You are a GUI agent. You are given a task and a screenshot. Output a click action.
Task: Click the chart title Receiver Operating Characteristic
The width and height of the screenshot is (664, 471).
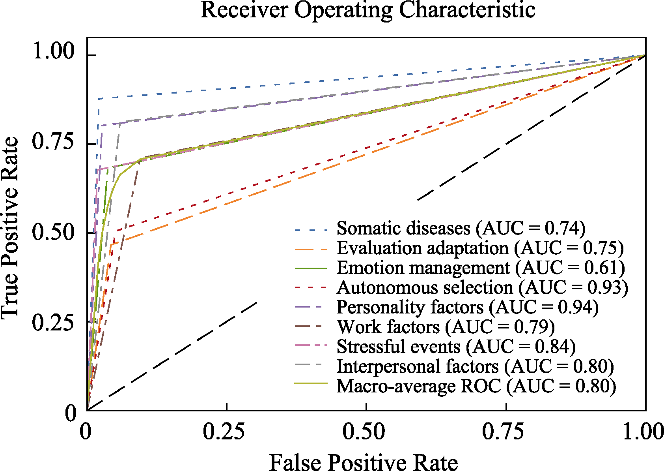coord(367,10)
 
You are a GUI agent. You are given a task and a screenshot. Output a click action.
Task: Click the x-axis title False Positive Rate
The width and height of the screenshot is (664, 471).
coord(363,462)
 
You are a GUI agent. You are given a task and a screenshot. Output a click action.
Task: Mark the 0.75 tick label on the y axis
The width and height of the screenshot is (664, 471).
coord(53,142)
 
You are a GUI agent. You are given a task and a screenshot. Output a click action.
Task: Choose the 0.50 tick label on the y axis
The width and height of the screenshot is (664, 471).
coord(53,232)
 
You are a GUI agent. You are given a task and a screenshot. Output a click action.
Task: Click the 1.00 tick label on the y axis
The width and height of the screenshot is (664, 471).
coord(53,52)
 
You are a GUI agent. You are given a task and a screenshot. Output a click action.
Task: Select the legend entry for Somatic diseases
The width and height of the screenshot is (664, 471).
coord(461,229)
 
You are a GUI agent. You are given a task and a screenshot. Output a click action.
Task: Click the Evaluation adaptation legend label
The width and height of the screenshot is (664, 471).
coord(480,248)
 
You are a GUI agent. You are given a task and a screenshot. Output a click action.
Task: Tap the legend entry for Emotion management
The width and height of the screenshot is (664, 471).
coord(480,268)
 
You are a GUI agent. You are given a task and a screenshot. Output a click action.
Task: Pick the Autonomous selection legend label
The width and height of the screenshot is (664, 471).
coord(482,288)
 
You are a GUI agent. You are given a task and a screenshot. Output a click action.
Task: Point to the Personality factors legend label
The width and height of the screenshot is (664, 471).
coord(467,308)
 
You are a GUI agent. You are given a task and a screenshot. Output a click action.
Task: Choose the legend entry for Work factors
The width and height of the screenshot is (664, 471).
coord(446,327)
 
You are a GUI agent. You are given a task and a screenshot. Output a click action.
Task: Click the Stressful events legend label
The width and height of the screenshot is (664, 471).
coord(456,347)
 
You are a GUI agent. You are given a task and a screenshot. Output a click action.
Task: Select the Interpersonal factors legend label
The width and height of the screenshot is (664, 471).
coord(475,367)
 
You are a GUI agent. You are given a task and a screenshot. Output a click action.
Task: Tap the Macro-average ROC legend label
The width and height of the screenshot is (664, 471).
coord(476,387)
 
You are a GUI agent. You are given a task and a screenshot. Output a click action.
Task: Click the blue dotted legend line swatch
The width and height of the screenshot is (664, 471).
coord(311,229)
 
